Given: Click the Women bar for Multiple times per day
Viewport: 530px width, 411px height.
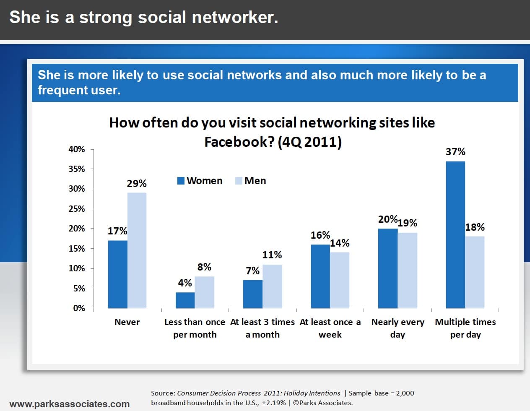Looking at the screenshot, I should (455, 235).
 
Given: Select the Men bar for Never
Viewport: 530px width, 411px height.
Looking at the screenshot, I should (137, 250).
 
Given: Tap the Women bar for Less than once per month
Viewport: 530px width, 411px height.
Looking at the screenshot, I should (185, 300).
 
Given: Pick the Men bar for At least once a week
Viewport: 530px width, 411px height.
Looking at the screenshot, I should (340, 280).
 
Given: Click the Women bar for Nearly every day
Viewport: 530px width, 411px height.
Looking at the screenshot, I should (388, 268).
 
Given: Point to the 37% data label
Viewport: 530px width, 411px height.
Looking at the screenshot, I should (455, 151).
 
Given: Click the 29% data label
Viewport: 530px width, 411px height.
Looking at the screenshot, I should (137, 183).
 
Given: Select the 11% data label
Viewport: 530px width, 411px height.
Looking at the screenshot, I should (272, 255).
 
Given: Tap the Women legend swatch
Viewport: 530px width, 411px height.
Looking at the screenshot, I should (181, 181).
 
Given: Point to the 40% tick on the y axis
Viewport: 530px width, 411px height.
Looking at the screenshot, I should (77, 149).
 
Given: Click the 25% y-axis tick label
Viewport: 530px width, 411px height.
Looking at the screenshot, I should (77, 209).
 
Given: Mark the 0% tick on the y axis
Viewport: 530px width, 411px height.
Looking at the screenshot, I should (79, 308).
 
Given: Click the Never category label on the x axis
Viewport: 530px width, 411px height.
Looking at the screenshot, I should (127, 322).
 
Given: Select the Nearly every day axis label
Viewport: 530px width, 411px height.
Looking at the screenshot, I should (397, 328).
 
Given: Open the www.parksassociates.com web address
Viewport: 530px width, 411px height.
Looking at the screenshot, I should (70, 404).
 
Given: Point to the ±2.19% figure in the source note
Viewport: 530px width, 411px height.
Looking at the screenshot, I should (273, 403).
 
